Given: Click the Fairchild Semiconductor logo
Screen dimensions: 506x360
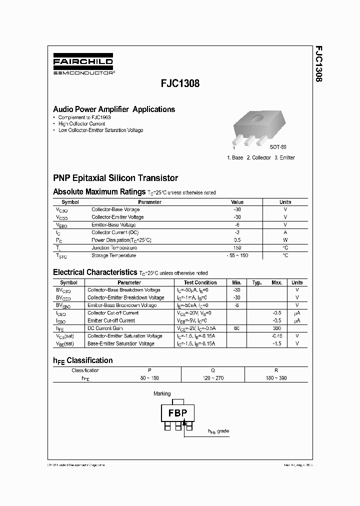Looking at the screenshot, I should coord(83,65).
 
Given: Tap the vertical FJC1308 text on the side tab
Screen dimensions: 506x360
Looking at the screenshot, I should coord(318,64).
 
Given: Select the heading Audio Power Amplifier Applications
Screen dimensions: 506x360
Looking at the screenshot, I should coord(114,109).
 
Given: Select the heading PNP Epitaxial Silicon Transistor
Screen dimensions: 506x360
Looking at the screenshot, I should coord(115,178).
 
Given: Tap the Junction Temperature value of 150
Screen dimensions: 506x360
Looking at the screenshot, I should coord(237,248).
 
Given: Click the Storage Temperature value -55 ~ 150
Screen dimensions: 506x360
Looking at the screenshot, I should coord(237,255).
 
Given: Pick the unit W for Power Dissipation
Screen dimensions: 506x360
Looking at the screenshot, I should coord(285,240).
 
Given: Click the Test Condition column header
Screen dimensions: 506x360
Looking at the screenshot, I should coord(200,282).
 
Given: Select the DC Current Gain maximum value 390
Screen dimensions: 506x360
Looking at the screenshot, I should coord(276,328).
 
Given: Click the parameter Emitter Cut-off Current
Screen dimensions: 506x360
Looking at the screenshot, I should coord(111,320).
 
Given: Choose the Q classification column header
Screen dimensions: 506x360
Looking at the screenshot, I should coord(213,370).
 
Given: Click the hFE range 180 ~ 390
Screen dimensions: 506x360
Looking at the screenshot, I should coord(276,378).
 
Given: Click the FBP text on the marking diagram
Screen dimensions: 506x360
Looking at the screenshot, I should coord(177,413).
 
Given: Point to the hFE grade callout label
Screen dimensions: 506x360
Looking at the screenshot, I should coord(218,431).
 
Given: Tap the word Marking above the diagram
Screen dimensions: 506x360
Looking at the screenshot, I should coord(162,393).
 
